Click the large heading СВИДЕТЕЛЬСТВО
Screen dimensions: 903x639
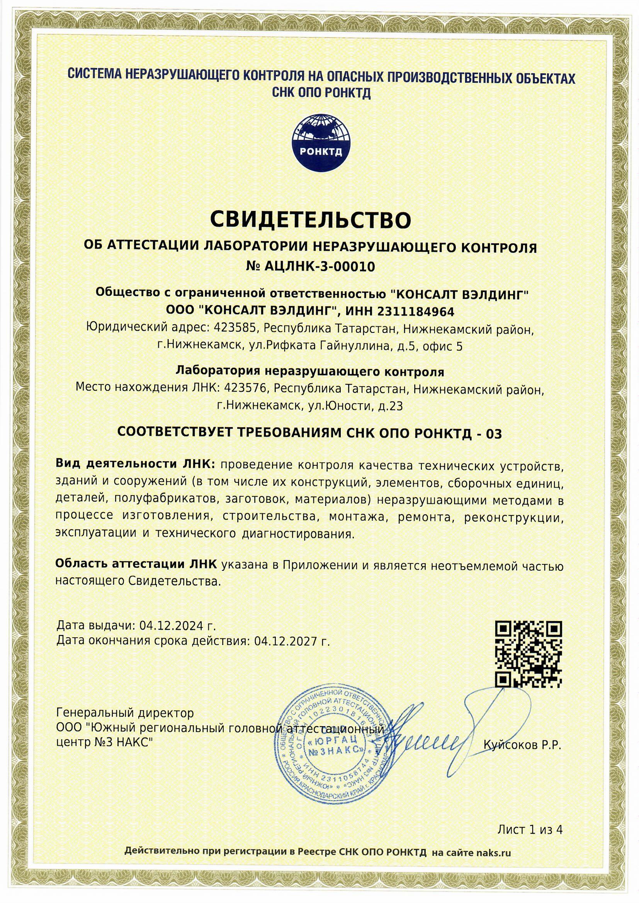pos(311,220)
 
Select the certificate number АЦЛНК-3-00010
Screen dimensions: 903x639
pos(321,267)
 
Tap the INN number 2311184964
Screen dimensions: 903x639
pos(416,312)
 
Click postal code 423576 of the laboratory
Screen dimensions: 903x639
pos(246,389)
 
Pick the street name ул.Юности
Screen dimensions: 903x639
pos(340,406)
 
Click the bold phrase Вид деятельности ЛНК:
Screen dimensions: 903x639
pos(135,464)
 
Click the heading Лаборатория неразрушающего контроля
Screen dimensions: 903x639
pos(310,371)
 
